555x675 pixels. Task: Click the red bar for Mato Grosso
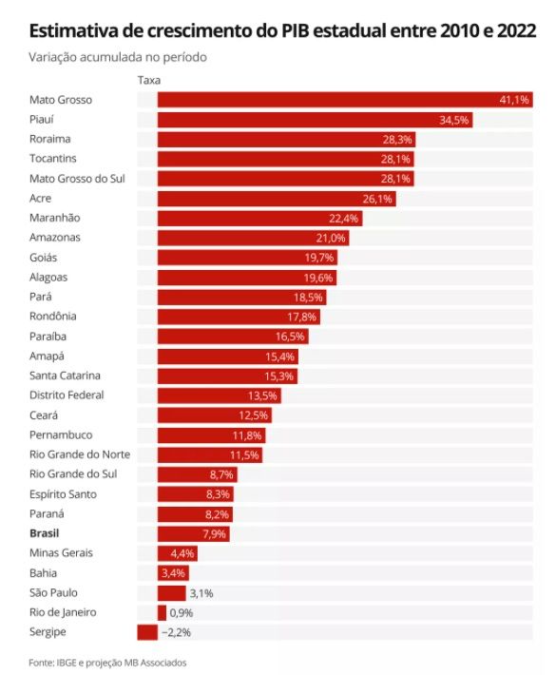(345, 100)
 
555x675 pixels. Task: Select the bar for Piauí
(315, 120)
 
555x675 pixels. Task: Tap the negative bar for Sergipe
(147, 632)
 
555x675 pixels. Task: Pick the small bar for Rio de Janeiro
(162, 612)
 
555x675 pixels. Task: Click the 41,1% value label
(514, 100)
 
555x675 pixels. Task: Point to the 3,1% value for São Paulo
(201, 593)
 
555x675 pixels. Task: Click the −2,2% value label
(176, 632)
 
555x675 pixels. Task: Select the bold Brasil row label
(45, 533)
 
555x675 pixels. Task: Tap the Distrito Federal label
(67, 395)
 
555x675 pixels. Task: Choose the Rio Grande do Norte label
(80, 454)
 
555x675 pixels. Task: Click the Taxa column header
(149, 80)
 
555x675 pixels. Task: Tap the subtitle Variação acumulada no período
(118, 57)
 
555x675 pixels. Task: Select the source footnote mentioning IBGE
(107, 663)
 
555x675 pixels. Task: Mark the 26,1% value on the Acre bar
(377, 199)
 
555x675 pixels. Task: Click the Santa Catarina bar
(227, 376)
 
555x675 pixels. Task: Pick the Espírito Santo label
(63, 494)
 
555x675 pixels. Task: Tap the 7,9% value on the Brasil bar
(214, 534)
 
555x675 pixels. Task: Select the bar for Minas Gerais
(178, 553)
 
